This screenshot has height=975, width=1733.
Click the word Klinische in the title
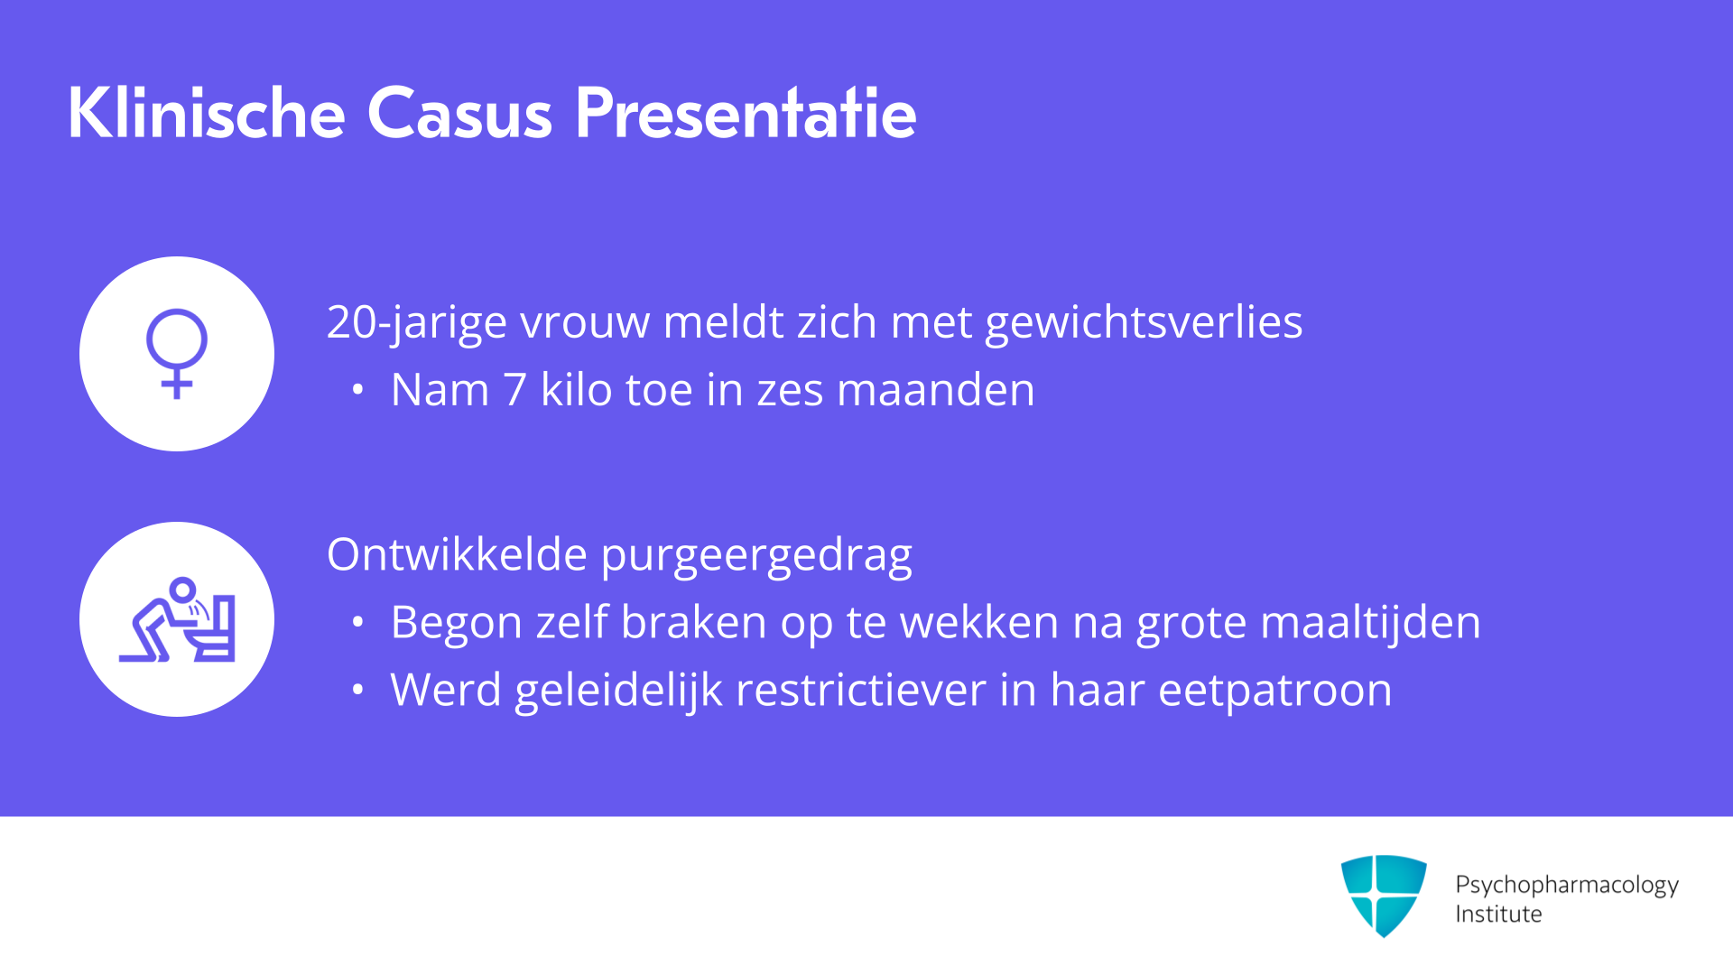(207, 113)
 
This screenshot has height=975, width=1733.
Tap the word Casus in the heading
(459, 114)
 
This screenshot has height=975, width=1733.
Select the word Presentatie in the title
(746, 113)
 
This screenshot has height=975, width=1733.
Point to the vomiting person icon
(177, 619)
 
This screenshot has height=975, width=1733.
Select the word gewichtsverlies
(1144, 323)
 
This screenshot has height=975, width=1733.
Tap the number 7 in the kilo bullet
(514, 390)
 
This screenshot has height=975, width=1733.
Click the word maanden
(936, 390)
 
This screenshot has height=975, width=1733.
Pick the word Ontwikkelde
(457, 553)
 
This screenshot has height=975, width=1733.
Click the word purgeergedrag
(756, 556)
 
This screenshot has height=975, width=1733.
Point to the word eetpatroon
(1275, 692)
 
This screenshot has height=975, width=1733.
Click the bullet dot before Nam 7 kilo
(358, 390)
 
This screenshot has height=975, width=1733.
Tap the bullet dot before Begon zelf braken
(358, 622)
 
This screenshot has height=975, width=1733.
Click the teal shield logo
(1384, 896)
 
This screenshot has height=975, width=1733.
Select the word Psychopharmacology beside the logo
(1567, 885)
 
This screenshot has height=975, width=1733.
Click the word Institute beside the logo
(1498, 914)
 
